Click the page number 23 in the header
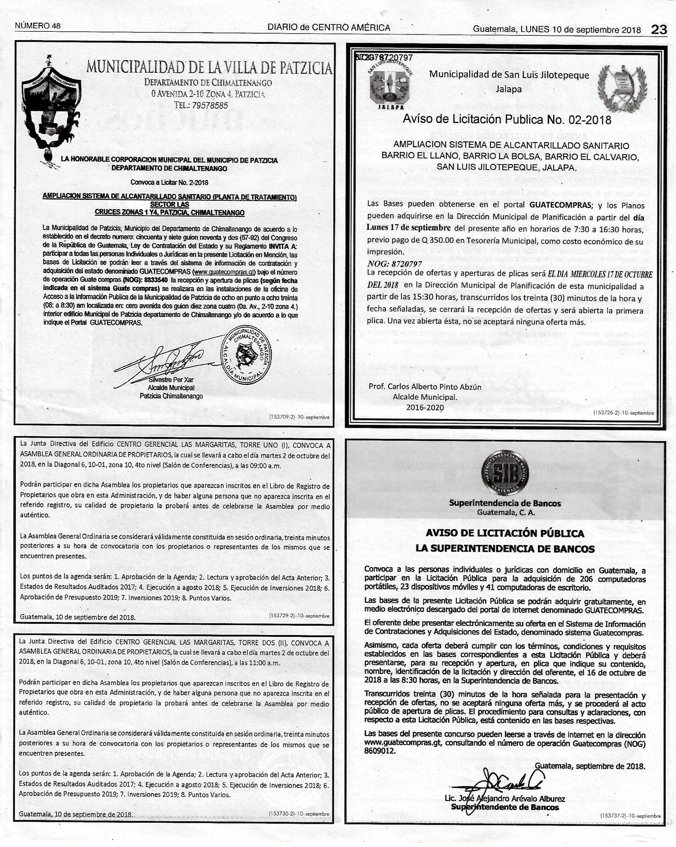[659, 29]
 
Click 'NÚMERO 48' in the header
[38, 26]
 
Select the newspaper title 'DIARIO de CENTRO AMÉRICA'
[329, 27]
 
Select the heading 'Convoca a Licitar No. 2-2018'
[169, 182]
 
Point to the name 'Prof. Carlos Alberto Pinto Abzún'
[425, 386]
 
